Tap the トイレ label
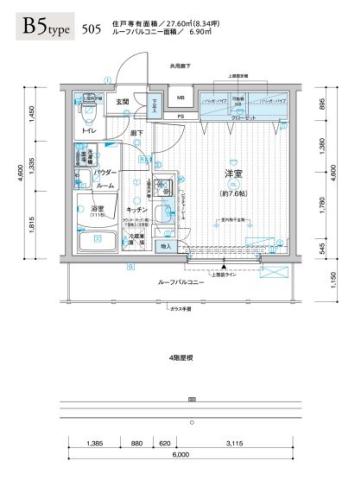tap(89, 131)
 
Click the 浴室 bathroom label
tap(87, 208)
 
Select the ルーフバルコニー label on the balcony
tap(181, 284)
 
